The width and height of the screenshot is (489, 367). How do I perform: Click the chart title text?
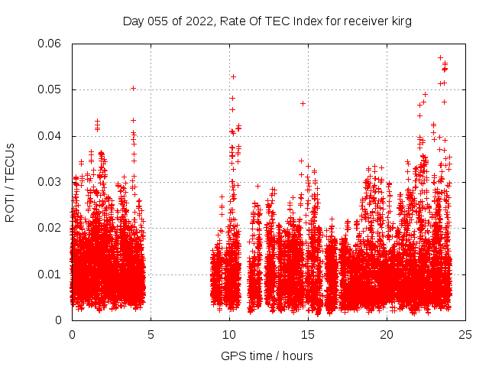267,21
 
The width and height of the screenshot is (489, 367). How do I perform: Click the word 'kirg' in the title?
400,21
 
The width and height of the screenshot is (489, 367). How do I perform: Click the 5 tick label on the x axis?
151,334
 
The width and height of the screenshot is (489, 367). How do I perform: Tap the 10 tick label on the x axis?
229,334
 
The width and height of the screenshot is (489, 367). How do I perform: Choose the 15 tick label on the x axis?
308,334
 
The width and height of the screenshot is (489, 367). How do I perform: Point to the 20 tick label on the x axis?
387,334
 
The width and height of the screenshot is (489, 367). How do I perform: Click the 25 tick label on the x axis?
465,334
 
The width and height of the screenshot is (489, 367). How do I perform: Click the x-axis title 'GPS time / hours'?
267,356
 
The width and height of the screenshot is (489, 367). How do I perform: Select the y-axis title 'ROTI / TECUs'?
11,182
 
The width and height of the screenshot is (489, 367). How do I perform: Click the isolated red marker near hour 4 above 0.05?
133,88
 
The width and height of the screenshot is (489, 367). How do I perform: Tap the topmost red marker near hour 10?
233,76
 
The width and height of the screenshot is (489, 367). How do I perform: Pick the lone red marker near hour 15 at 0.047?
303,103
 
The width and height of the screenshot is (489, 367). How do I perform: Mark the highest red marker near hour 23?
440,57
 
